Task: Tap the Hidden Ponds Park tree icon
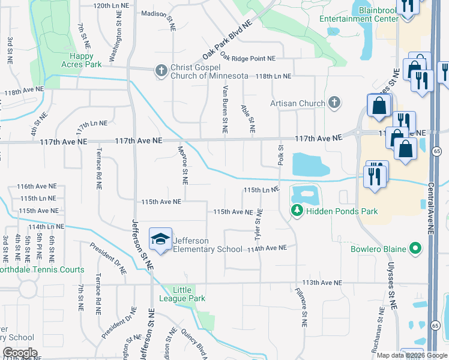pyautogui.click(x=296, y=211)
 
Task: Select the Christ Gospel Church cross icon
pyautogui.click(x=161, y=71)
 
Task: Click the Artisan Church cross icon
pyautogui.click(x=334, y=103)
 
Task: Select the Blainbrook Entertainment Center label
pyautogui.click(x=359, y=14)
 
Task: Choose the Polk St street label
pyautogui.click(x=280, y=155)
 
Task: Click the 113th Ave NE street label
pyautogui.click(x=322, y=283)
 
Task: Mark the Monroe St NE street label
pyautogui.click(x=182, y=164)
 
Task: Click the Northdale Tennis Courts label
pyautogui.click(x=42, y=270)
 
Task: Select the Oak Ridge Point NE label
pyautogui.click(x=247, y=58)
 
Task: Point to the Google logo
pyautogui.click(x=20, y=353)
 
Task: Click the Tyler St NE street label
pyautogui.click(x=259, y=223)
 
